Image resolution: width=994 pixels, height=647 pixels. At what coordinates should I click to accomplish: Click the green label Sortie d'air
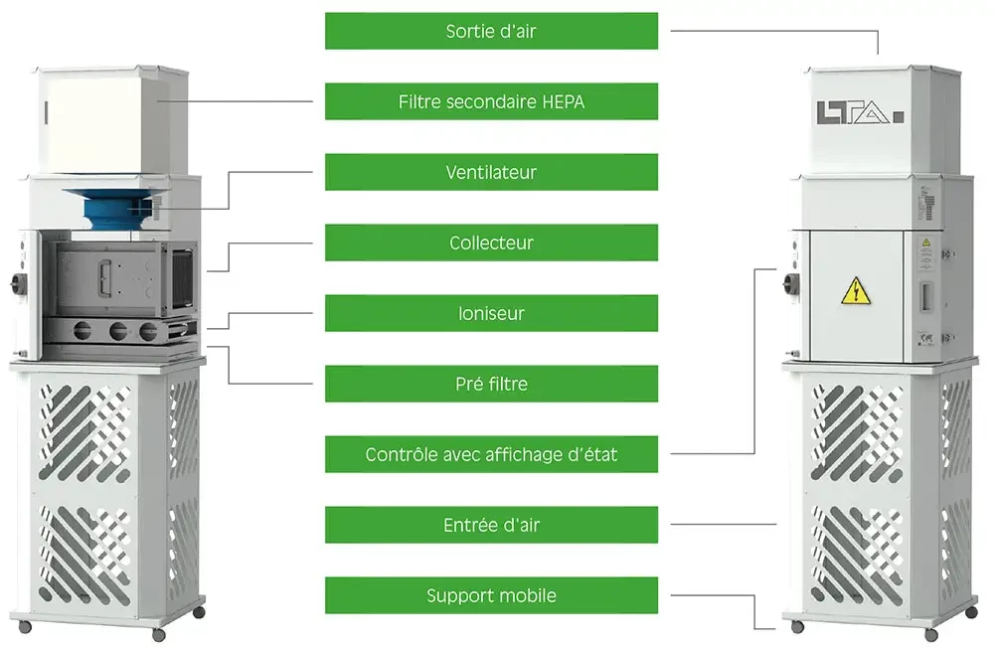491,31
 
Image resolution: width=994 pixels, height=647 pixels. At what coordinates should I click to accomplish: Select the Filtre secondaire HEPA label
491,101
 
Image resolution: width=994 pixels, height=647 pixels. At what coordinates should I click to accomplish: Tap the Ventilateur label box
491,172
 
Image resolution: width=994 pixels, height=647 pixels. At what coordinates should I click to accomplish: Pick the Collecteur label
491,243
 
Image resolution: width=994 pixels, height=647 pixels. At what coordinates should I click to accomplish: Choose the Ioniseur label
491,313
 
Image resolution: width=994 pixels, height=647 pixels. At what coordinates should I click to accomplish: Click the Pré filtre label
491,384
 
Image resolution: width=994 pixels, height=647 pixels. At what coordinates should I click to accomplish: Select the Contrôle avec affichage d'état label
491,454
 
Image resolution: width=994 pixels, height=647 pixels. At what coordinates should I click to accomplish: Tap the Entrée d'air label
491,525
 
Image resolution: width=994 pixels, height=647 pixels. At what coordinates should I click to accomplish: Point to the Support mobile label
491,595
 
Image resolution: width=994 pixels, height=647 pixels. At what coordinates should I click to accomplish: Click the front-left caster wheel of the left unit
26,626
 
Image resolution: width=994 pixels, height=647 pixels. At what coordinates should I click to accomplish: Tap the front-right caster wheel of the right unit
931,634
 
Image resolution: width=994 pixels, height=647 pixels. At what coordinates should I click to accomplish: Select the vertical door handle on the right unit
921,294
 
